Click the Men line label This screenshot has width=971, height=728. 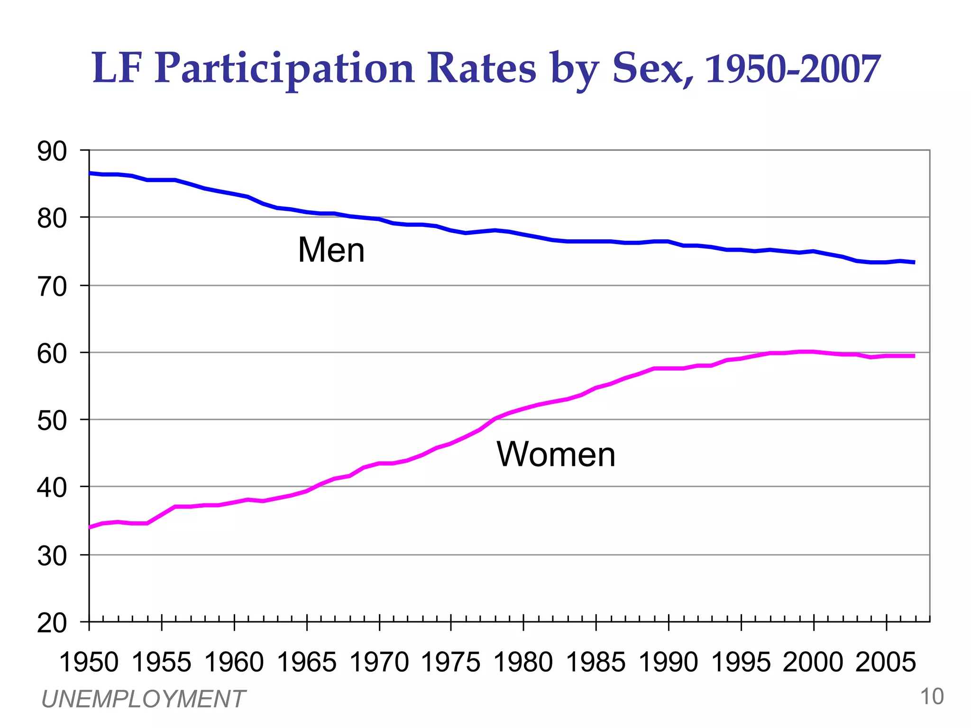point(331,250)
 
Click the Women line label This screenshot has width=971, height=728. point(556,454)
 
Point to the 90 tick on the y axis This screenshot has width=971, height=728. point(52,152)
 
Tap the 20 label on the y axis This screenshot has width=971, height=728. point(52,623)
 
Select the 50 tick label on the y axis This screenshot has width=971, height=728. point(52,421)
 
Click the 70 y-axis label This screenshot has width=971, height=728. point(52,287)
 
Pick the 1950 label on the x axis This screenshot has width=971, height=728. point(89,662)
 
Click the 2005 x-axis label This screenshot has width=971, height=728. point(885,662)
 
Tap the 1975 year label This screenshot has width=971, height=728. point(450,662)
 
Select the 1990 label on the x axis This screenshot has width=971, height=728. point(668,662)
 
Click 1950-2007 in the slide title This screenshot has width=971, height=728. point(793,69)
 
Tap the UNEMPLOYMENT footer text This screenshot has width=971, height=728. point(143,699)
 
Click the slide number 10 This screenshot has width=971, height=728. point(931,697)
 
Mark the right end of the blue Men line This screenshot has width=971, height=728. point(913,262)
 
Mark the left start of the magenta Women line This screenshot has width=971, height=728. point(90,527)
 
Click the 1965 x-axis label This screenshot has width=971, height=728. point(306,662)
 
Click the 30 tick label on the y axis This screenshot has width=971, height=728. point(52,556)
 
